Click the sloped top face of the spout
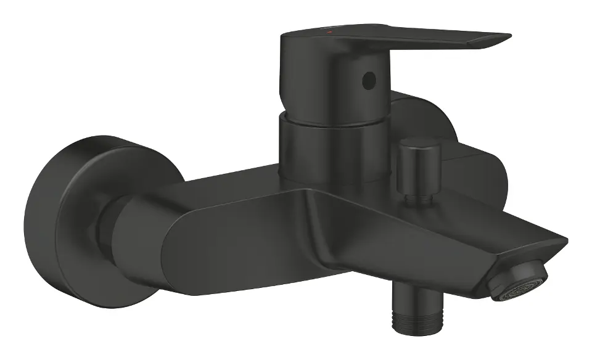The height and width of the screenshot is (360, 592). click(432, 216)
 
